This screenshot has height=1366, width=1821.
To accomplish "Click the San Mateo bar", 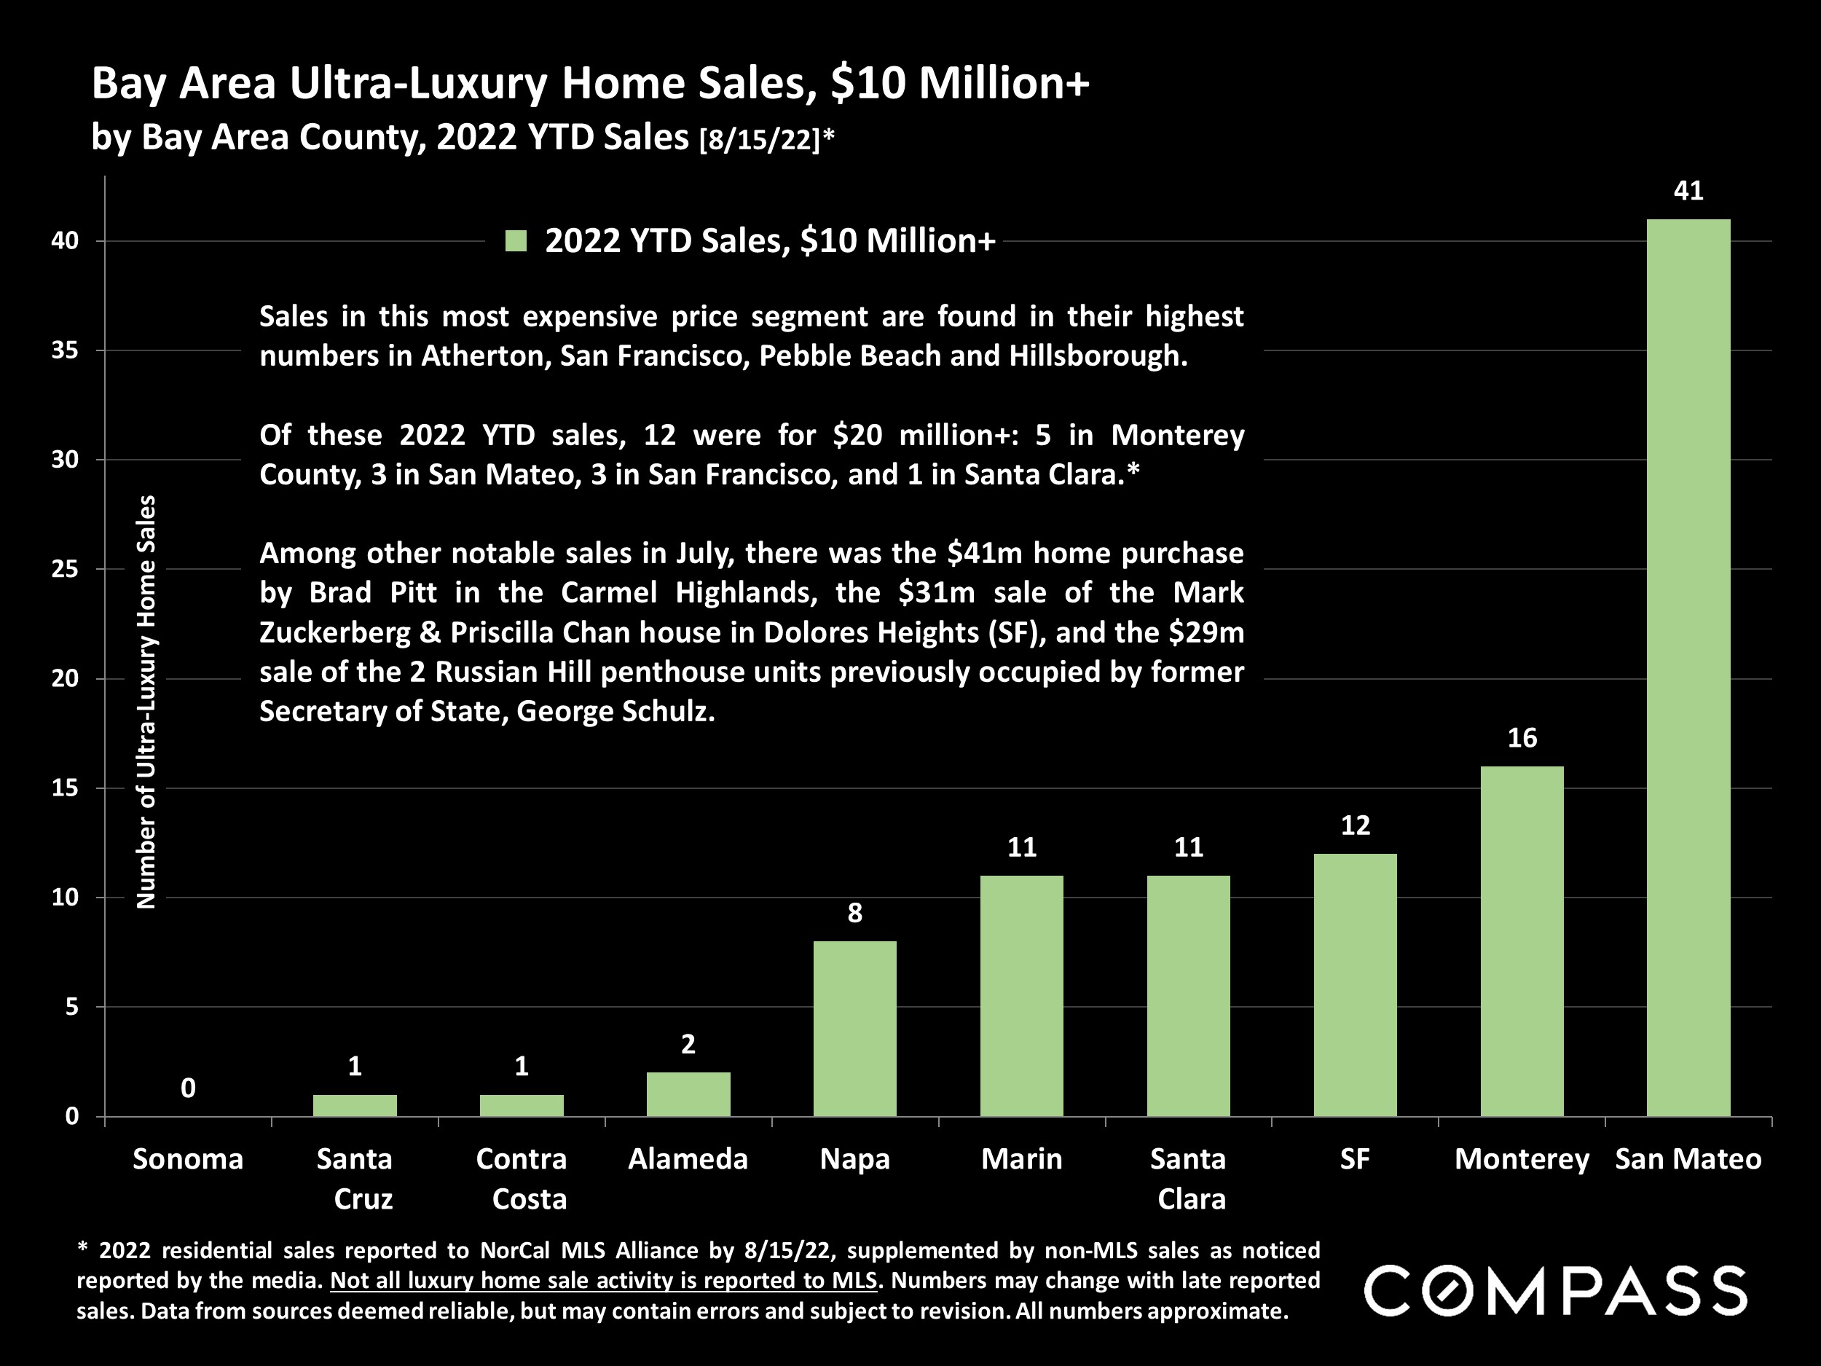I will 1688,667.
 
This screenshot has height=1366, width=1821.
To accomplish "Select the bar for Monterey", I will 1522,941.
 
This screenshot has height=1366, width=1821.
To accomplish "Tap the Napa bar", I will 854,1029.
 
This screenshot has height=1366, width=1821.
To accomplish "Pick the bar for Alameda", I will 688,1094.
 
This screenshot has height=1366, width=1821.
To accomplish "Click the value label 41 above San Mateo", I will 1688,191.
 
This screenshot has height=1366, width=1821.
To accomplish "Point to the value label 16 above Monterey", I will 1522,739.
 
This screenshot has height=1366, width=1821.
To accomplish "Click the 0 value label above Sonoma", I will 189,1088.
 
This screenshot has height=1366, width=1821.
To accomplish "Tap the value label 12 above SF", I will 1355,826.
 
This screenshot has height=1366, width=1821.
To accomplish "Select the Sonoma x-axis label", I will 189,1159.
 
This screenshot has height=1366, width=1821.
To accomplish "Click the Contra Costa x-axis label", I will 522,1178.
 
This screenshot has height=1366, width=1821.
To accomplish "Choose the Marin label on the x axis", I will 1022,1159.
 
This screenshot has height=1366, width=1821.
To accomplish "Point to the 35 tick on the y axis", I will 64,350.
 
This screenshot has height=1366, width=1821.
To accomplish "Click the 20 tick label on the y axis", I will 64,678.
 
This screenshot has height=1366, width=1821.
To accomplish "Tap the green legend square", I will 516,241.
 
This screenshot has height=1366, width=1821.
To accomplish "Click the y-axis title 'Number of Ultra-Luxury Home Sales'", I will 146,702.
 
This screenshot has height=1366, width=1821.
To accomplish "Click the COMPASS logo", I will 1556,1291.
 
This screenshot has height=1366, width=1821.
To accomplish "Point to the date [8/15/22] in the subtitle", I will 759,140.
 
